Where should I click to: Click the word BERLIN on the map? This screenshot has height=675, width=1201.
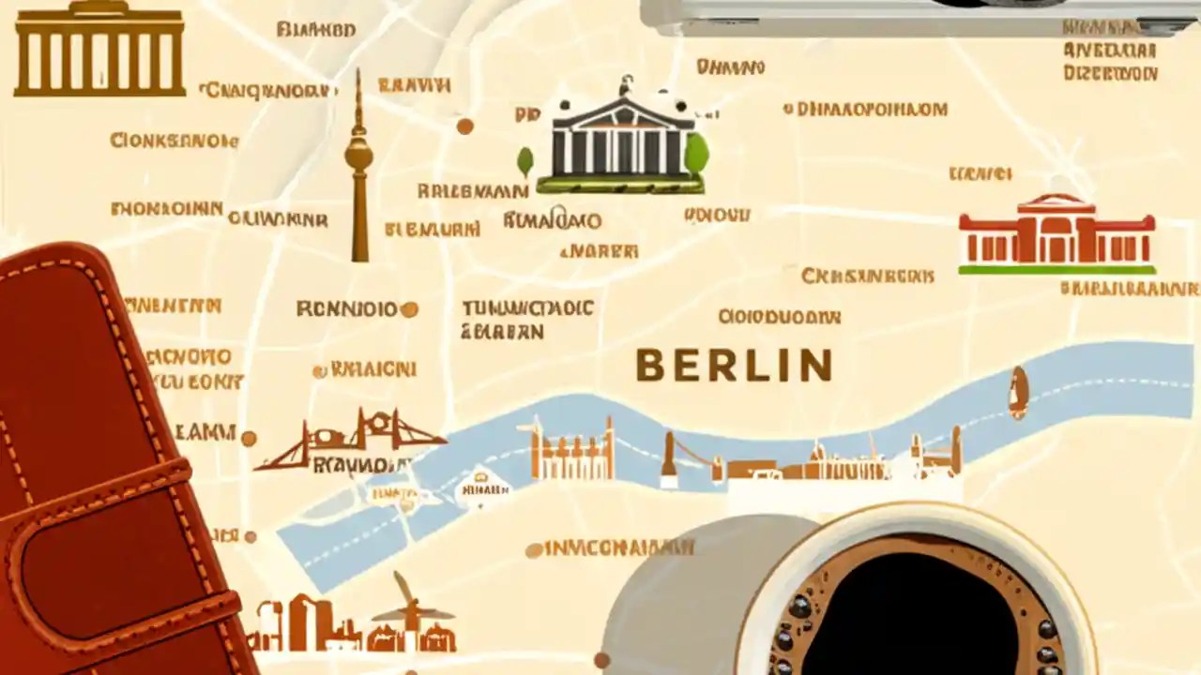(734, 365)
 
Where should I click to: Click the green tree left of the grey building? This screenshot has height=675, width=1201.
(524, 160)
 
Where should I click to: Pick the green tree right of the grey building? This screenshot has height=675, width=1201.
(696, 155)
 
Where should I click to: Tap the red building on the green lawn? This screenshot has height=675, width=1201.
(1057, 234)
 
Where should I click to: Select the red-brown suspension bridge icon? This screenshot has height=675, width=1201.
(352, 441)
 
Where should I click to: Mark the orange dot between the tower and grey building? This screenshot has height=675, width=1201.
(464, 126)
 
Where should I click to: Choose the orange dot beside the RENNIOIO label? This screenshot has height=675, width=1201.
(409, 308)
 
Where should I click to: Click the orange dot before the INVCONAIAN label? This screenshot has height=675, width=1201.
(534, 550)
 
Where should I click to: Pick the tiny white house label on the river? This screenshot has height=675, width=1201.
(482, 487)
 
